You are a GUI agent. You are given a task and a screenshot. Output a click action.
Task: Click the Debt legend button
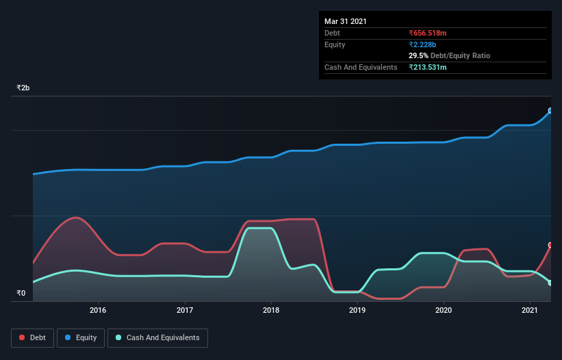pyautogui.click(x=33, y=337)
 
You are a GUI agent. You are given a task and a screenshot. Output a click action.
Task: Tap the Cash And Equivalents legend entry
pyautogui.click(x=157, y=337)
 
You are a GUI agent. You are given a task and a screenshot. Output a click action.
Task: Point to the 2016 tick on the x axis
pyautogui.click(x=99, y=311)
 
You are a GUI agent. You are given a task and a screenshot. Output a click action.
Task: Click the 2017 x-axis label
pyautogui.click(x=185, y=311)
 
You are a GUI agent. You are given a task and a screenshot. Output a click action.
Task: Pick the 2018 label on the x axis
pyautogui.click(x=271, y=311)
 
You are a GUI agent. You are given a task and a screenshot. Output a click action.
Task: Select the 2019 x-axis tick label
pyautogui.click(x=357, y=311)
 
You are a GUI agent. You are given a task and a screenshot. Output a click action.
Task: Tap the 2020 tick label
pyautogui.click(x=444, y=311)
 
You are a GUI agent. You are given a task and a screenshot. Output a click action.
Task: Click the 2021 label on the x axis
pyautogui.click(x=530, y=311)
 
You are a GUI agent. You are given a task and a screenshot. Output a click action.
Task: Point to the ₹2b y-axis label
pyautogui.click(x=23, y=88)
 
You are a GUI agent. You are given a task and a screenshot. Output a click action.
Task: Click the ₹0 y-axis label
pyautogui.click(x=21, y=294)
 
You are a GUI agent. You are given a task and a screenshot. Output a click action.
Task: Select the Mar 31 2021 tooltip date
pyautogui.click(x=346, y=21)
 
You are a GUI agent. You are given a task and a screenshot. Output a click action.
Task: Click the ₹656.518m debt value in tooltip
pyautogui.click(x=427, y=33)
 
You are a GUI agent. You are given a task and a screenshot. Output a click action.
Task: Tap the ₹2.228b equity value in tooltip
pyautogui.click(x=422, y=44)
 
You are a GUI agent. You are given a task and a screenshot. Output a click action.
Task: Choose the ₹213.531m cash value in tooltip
pyautogui.click(x=427, y=67)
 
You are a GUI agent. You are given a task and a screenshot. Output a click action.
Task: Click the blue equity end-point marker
pyautogui.click(x=550, y=110)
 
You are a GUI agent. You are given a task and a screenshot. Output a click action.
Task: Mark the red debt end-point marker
pyautogui.click(x=550, y=245)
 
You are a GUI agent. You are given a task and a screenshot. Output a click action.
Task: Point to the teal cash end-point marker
pyautogui.click(x=550, y=282)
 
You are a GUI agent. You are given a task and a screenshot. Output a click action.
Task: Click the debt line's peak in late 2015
pyautogui.click(x=76, y=218)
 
